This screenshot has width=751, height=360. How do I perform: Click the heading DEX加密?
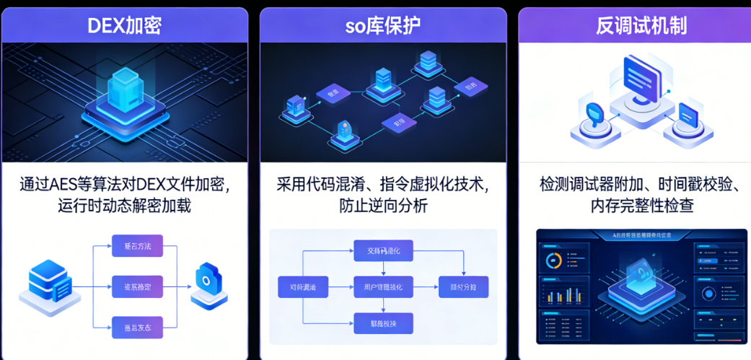124,26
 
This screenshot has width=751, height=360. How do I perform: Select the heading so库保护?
383,26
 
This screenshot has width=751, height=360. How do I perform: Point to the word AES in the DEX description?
69,184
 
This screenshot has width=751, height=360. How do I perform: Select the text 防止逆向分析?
383,206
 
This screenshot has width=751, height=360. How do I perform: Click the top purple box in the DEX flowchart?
137,246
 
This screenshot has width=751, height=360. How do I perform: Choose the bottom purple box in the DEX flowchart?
137,327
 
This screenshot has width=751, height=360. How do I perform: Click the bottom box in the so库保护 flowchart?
383,323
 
